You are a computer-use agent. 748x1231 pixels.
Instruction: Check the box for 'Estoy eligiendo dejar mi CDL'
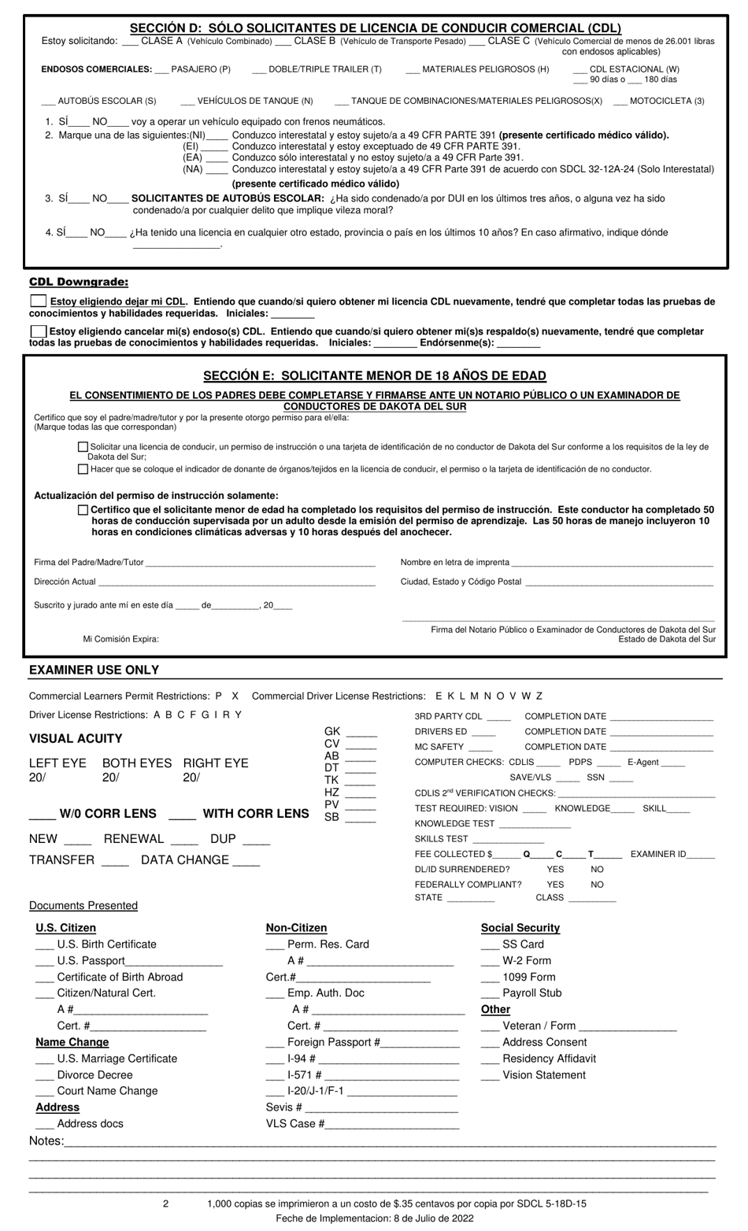(38, 301)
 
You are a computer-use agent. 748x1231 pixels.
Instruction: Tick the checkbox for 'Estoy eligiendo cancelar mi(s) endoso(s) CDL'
(38, 331)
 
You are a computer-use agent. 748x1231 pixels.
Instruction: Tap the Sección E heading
(375, 376)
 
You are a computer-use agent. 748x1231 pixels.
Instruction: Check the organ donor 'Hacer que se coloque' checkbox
(83, 469)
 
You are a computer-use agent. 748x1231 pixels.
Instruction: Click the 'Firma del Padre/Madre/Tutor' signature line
(260, 563)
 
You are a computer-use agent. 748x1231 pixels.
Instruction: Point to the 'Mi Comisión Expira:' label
(120, 639)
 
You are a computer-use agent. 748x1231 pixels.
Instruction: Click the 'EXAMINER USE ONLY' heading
(94, 670)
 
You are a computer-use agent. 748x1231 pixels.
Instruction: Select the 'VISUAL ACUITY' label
(76, 738)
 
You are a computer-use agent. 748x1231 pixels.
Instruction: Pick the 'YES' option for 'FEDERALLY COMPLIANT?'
(555, 885)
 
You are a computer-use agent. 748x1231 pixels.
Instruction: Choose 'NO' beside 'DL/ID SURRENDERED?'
(597, 870)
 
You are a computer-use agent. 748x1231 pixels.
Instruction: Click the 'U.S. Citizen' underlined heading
(65, 928)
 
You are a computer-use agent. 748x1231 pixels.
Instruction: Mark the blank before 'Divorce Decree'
(45, 1075)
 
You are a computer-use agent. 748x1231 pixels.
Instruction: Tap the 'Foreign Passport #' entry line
(420, 1043)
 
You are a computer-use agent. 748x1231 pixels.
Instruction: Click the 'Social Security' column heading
(520, 928)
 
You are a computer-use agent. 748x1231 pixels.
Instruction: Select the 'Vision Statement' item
(543, 1075)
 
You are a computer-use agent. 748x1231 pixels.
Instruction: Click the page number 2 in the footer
(165, 1203)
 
